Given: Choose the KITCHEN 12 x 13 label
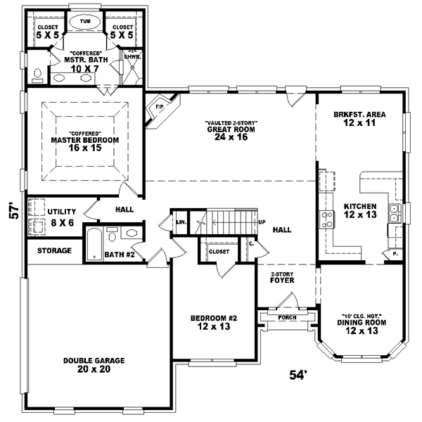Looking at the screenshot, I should tap(359, 210).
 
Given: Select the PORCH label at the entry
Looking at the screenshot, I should tap(287, 317).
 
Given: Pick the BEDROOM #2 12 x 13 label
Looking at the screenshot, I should tap(214, 322).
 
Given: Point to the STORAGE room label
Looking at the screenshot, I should tap(53, 250).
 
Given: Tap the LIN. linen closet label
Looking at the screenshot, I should tap(180, 222).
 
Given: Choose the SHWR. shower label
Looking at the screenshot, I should tap(132, 58).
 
